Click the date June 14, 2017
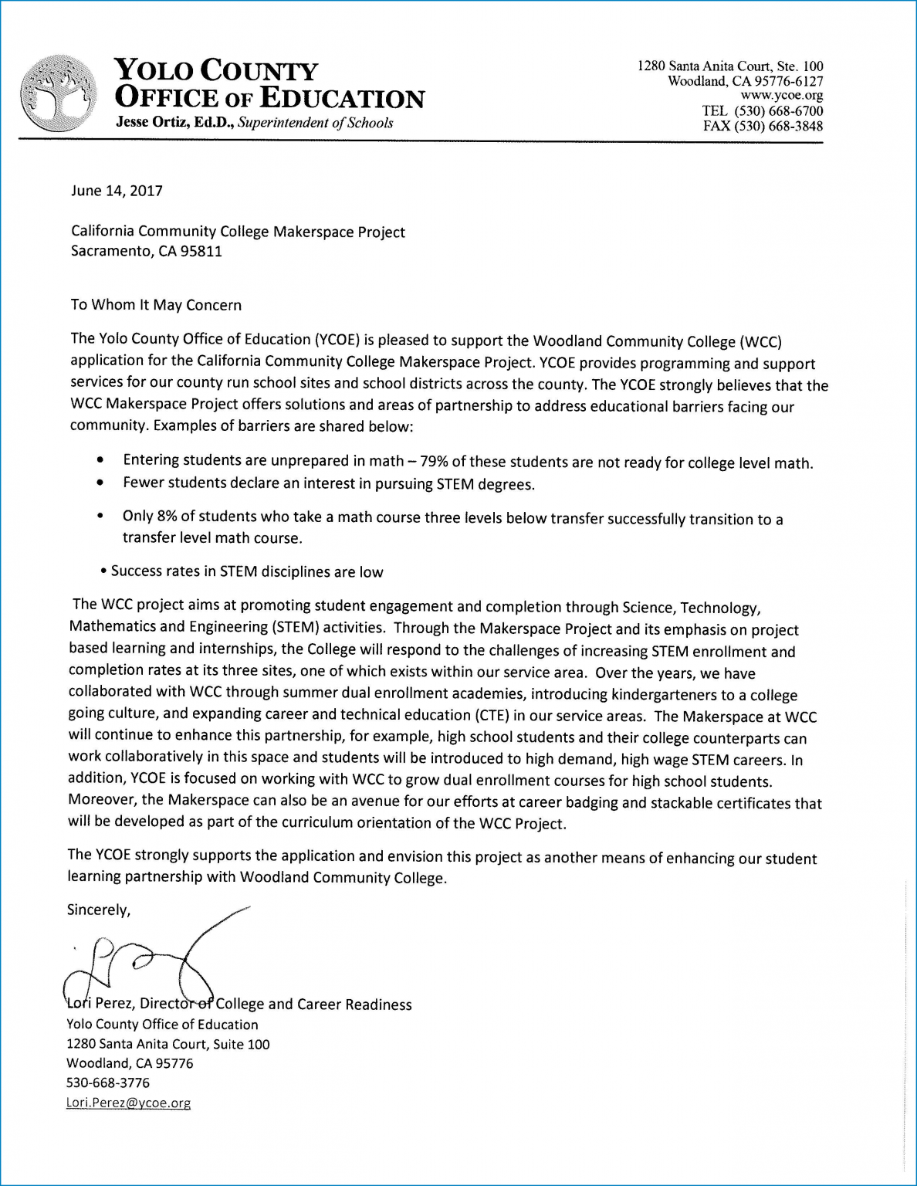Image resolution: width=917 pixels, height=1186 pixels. point(117,191)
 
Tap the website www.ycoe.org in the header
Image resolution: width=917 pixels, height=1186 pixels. point(781,97)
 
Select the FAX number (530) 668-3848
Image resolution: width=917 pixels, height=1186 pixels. point(778,127)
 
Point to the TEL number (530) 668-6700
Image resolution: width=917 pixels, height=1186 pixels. point(778,111)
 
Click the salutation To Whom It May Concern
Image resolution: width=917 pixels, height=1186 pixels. point(156,305)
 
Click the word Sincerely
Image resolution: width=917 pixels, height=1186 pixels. point(99,910)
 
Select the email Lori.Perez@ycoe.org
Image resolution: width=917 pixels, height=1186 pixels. point(128,1103)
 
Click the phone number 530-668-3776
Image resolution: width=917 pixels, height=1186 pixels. point(108,1083)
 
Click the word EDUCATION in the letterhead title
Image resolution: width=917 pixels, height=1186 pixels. point(342,99)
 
